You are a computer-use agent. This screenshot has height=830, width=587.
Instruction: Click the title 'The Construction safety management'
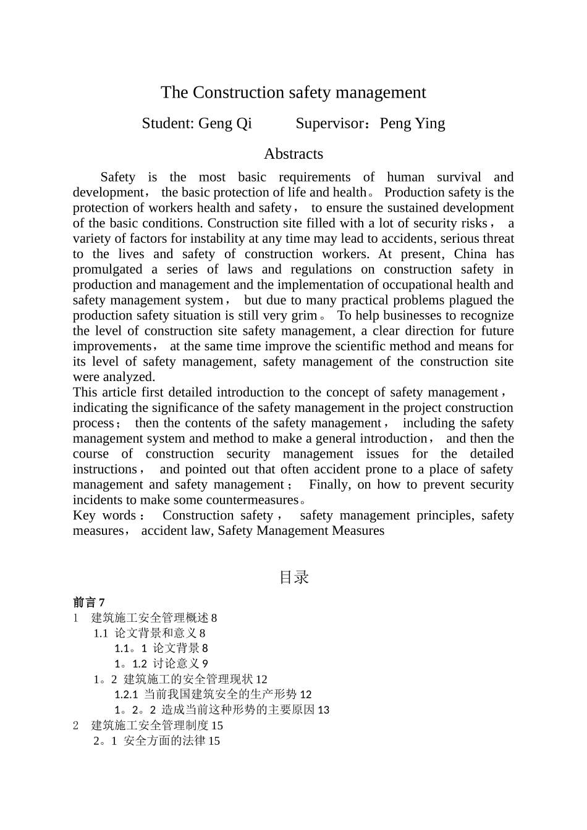[x=293, y=93]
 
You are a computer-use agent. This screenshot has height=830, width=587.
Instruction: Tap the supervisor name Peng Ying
[x=412, y=124]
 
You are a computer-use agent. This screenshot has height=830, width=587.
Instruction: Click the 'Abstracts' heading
[x=293, y=154]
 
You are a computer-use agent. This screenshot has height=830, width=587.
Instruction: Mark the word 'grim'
[x=303, y=316]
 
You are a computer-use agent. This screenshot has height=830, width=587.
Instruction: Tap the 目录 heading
[x=293, y=577]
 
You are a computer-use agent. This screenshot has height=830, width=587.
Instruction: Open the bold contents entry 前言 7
[x=89, y=602]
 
